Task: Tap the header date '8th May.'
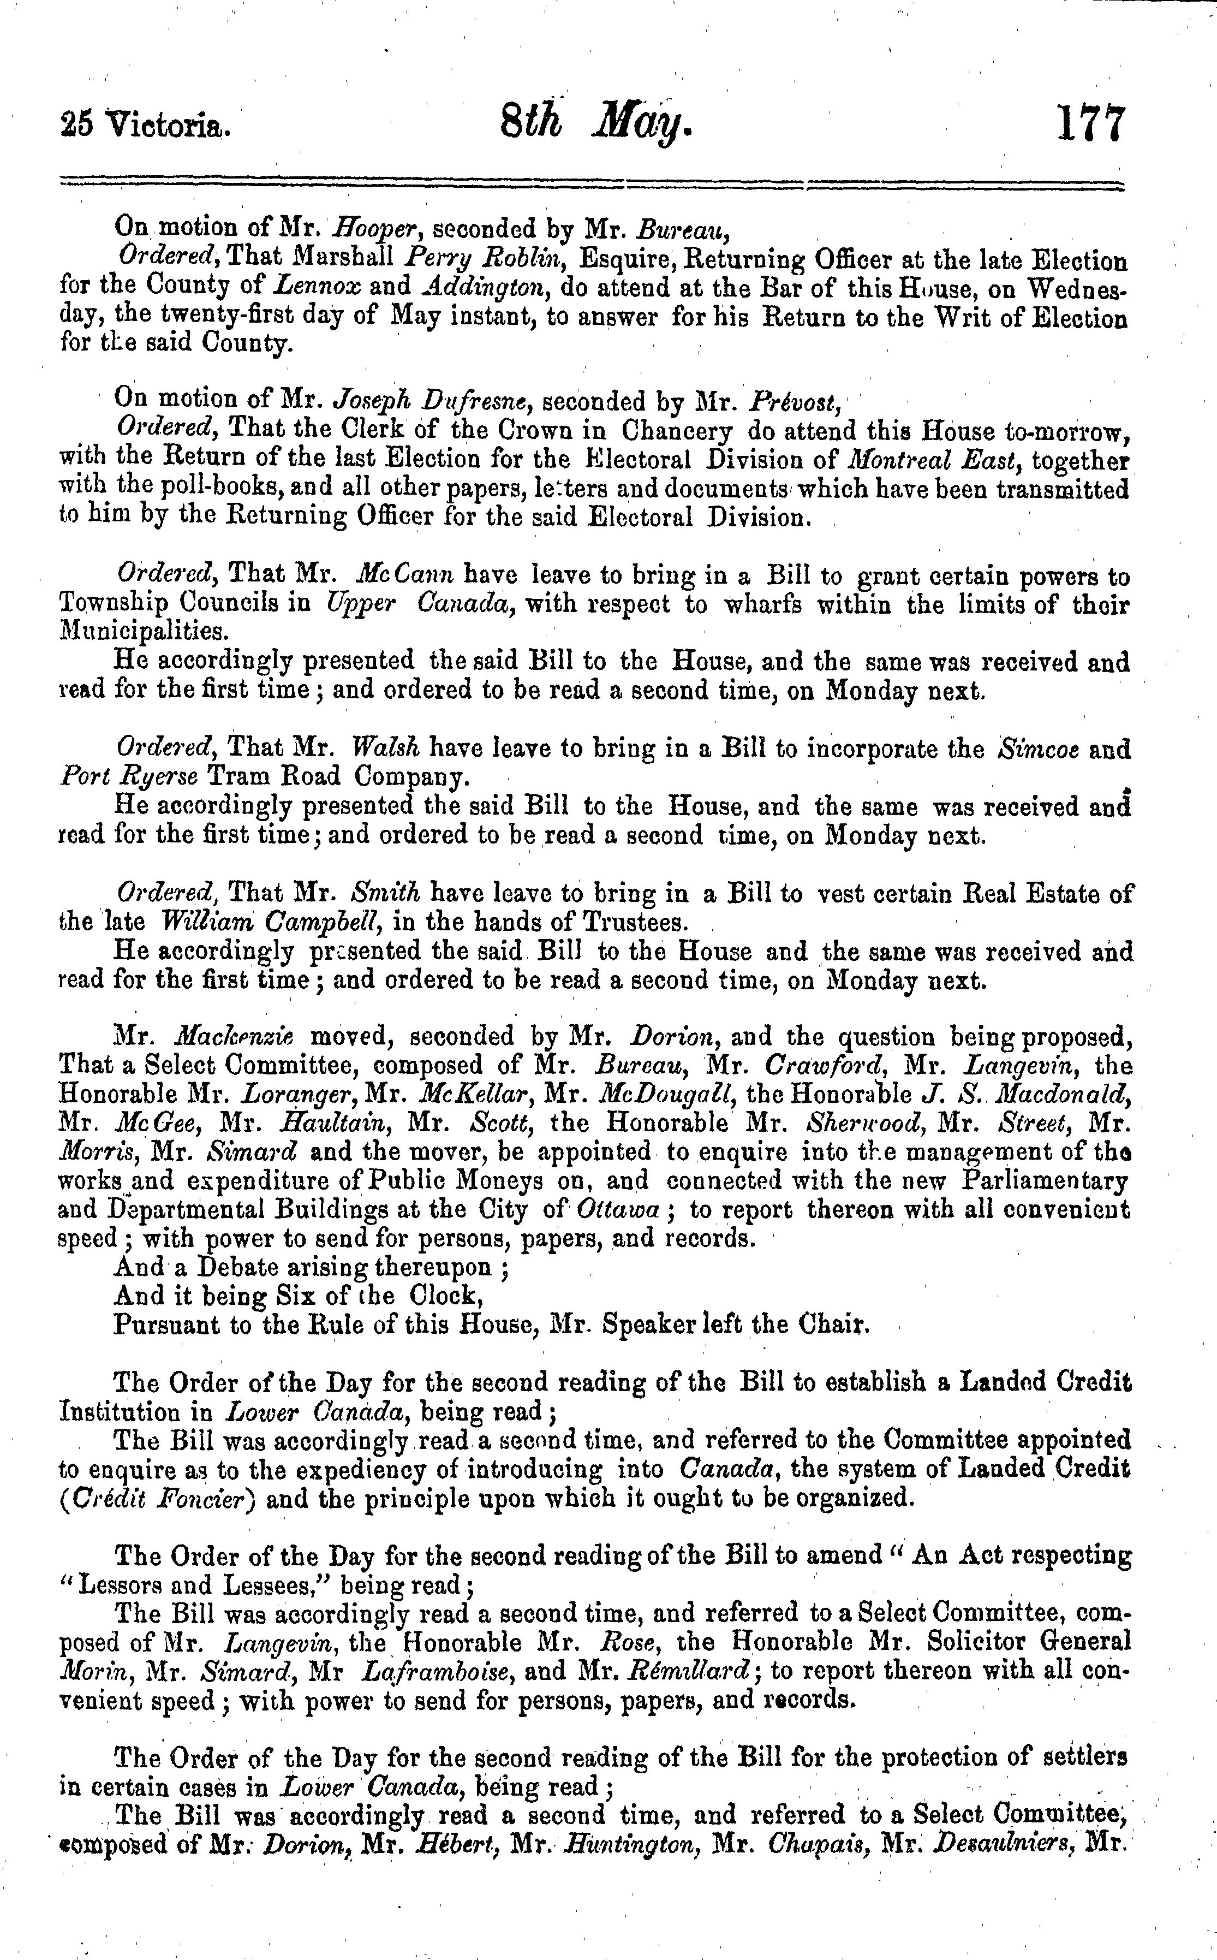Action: (595, 126)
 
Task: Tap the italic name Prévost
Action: (794, 400)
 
